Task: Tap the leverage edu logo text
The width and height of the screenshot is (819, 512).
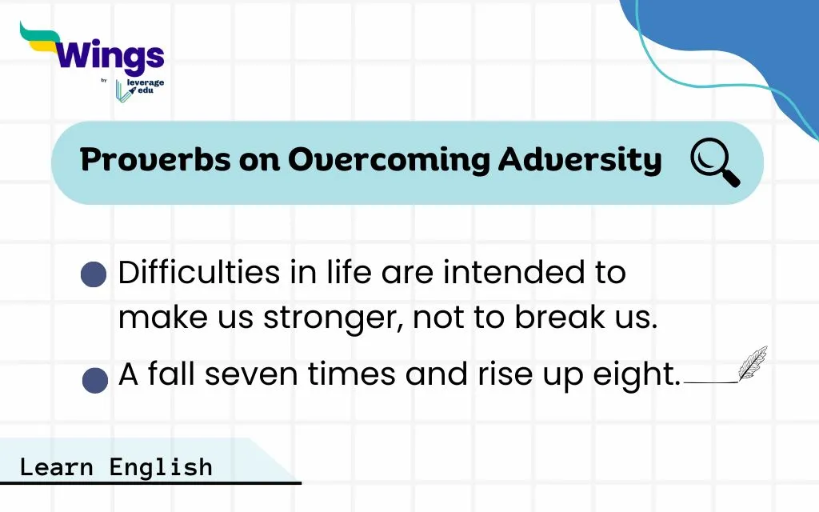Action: [145, 86]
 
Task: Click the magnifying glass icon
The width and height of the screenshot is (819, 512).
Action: [715, 162]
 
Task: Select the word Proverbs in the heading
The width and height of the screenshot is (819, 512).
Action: [155, 159]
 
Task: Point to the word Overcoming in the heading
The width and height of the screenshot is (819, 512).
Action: [390, 160]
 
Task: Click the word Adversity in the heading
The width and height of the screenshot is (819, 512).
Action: [580, 160]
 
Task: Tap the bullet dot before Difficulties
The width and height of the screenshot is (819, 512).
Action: [94, 274]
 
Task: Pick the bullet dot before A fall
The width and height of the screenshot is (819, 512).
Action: [95, 380]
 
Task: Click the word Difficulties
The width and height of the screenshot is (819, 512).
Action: [199, 272]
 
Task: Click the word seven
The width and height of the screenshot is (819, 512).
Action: [250, 375]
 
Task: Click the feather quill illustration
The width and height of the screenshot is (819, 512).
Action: [753, 363]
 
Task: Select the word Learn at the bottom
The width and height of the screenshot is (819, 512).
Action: [57, 467]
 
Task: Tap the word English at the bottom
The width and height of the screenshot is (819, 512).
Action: [161, 467]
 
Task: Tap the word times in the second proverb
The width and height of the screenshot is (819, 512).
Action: [352, 374]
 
